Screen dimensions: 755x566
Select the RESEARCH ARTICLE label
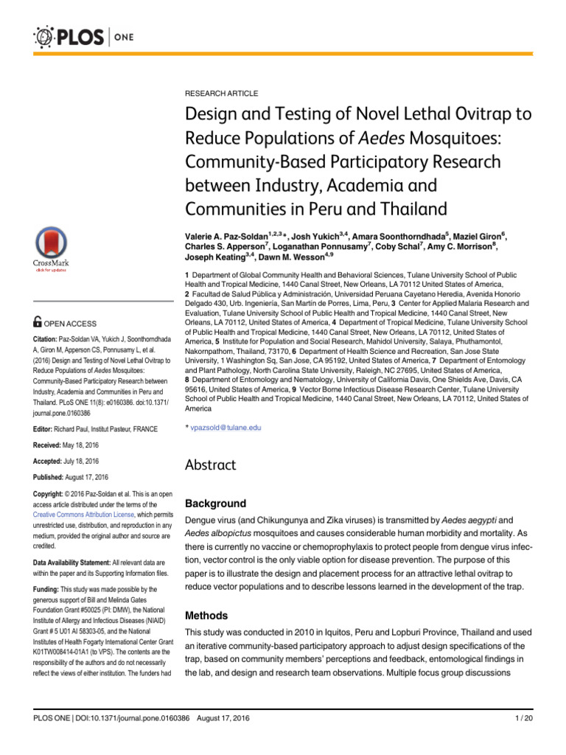221,94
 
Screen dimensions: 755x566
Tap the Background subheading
215,503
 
